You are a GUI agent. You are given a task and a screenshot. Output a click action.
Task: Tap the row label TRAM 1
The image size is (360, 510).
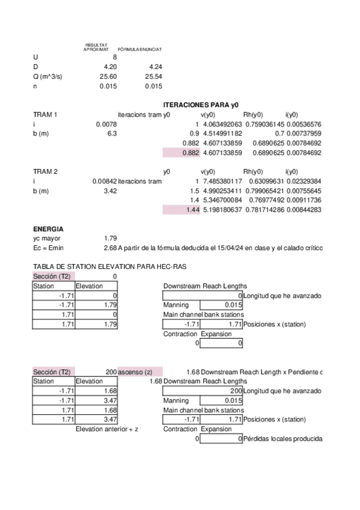coord(45,114)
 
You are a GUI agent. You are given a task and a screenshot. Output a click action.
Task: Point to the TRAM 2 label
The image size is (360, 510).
coord(45,171)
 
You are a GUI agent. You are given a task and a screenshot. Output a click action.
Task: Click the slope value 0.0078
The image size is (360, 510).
coord(106,124)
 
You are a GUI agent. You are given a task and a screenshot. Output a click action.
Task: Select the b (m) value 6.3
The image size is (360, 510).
coord(112,134)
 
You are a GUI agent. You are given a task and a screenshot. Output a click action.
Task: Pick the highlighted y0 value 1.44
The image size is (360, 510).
coord(192,209)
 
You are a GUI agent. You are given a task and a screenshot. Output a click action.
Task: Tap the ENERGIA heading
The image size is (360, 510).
coord(48,229)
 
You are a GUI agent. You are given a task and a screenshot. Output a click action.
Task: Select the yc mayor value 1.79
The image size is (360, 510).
coord(110,238)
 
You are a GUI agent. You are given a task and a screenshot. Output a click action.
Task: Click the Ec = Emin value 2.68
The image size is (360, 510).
coord(110,248)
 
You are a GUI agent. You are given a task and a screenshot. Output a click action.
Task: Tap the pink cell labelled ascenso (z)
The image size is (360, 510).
coord(135,372)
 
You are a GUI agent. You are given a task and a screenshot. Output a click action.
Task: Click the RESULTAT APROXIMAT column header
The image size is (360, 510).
coord(96,47)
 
